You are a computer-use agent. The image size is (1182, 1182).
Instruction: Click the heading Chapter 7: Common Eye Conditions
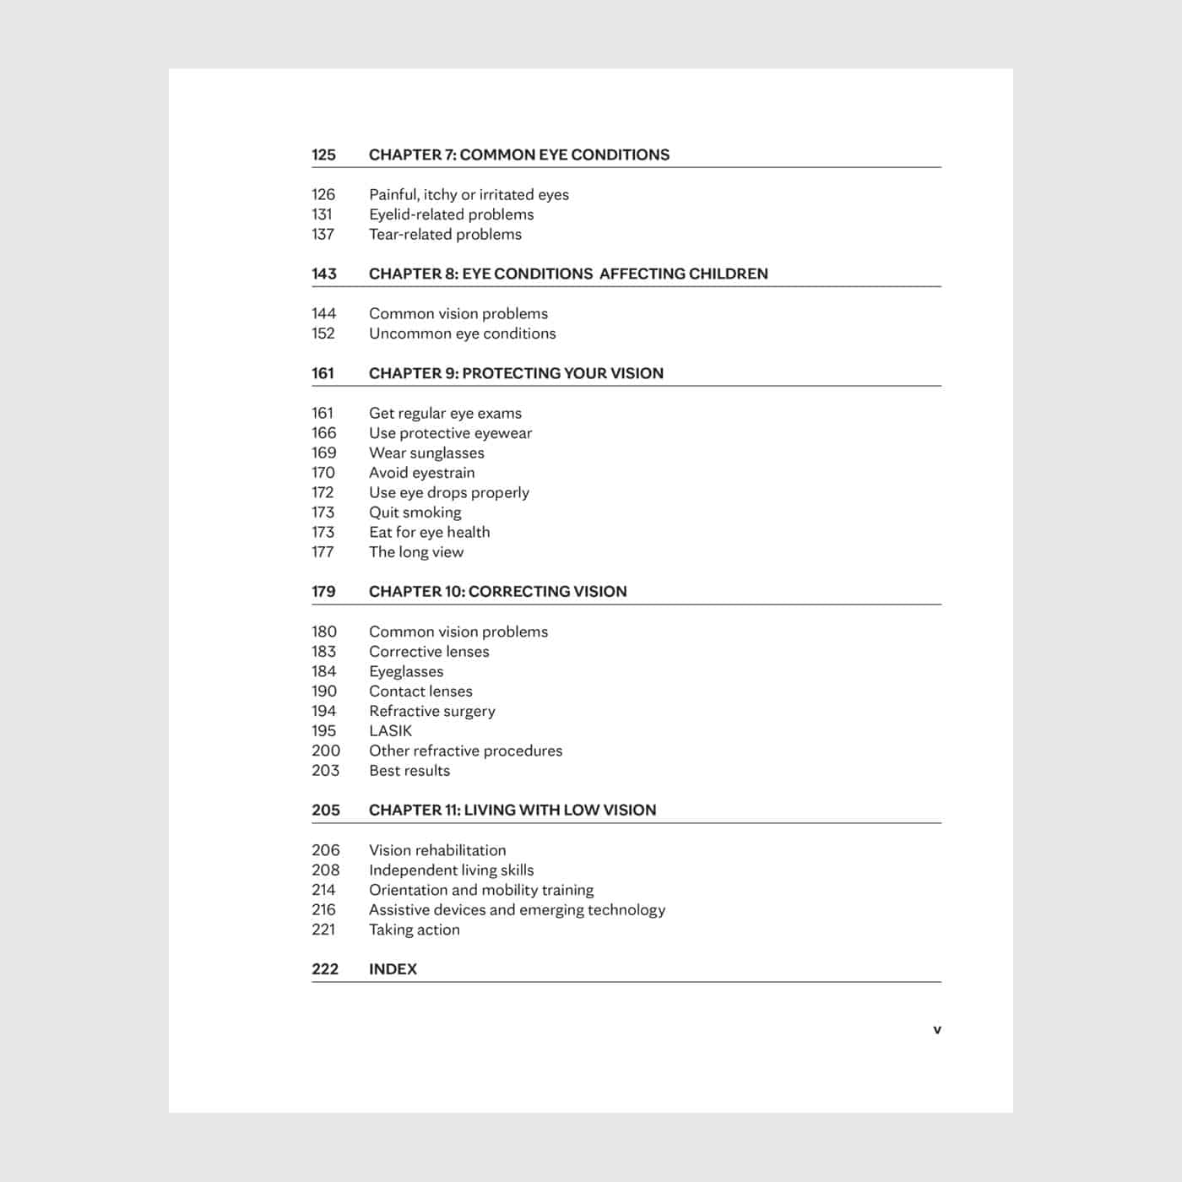518,155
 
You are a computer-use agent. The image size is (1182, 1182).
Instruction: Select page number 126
323,194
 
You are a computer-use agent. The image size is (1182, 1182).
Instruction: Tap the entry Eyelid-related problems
451,214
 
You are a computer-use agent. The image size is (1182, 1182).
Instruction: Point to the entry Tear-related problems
445,234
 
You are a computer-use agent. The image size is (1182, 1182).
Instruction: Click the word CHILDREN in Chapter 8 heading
728,274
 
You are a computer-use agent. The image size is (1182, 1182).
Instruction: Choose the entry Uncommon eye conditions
462,333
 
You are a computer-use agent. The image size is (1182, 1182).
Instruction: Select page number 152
323,333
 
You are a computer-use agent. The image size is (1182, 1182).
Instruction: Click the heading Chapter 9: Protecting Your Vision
516,373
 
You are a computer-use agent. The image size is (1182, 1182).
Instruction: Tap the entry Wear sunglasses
426,453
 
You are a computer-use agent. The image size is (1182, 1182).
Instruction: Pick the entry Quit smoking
415,512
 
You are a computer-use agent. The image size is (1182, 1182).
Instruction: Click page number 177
323,552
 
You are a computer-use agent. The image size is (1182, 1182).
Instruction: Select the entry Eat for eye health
429,532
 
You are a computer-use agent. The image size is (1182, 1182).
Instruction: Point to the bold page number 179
323,592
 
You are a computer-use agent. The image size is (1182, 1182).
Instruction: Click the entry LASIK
390,731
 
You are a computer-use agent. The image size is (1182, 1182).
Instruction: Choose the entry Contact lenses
420,691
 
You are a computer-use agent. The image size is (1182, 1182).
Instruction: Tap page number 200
326,751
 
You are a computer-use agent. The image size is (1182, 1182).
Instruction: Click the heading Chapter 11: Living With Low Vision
512,810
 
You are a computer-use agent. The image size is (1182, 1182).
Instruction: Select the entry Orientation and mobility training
481,890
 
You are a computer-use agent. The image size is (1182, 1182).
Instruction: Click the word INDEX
393,969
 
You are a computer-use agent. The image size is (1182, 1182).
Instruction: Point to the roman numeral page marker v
937,1030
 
